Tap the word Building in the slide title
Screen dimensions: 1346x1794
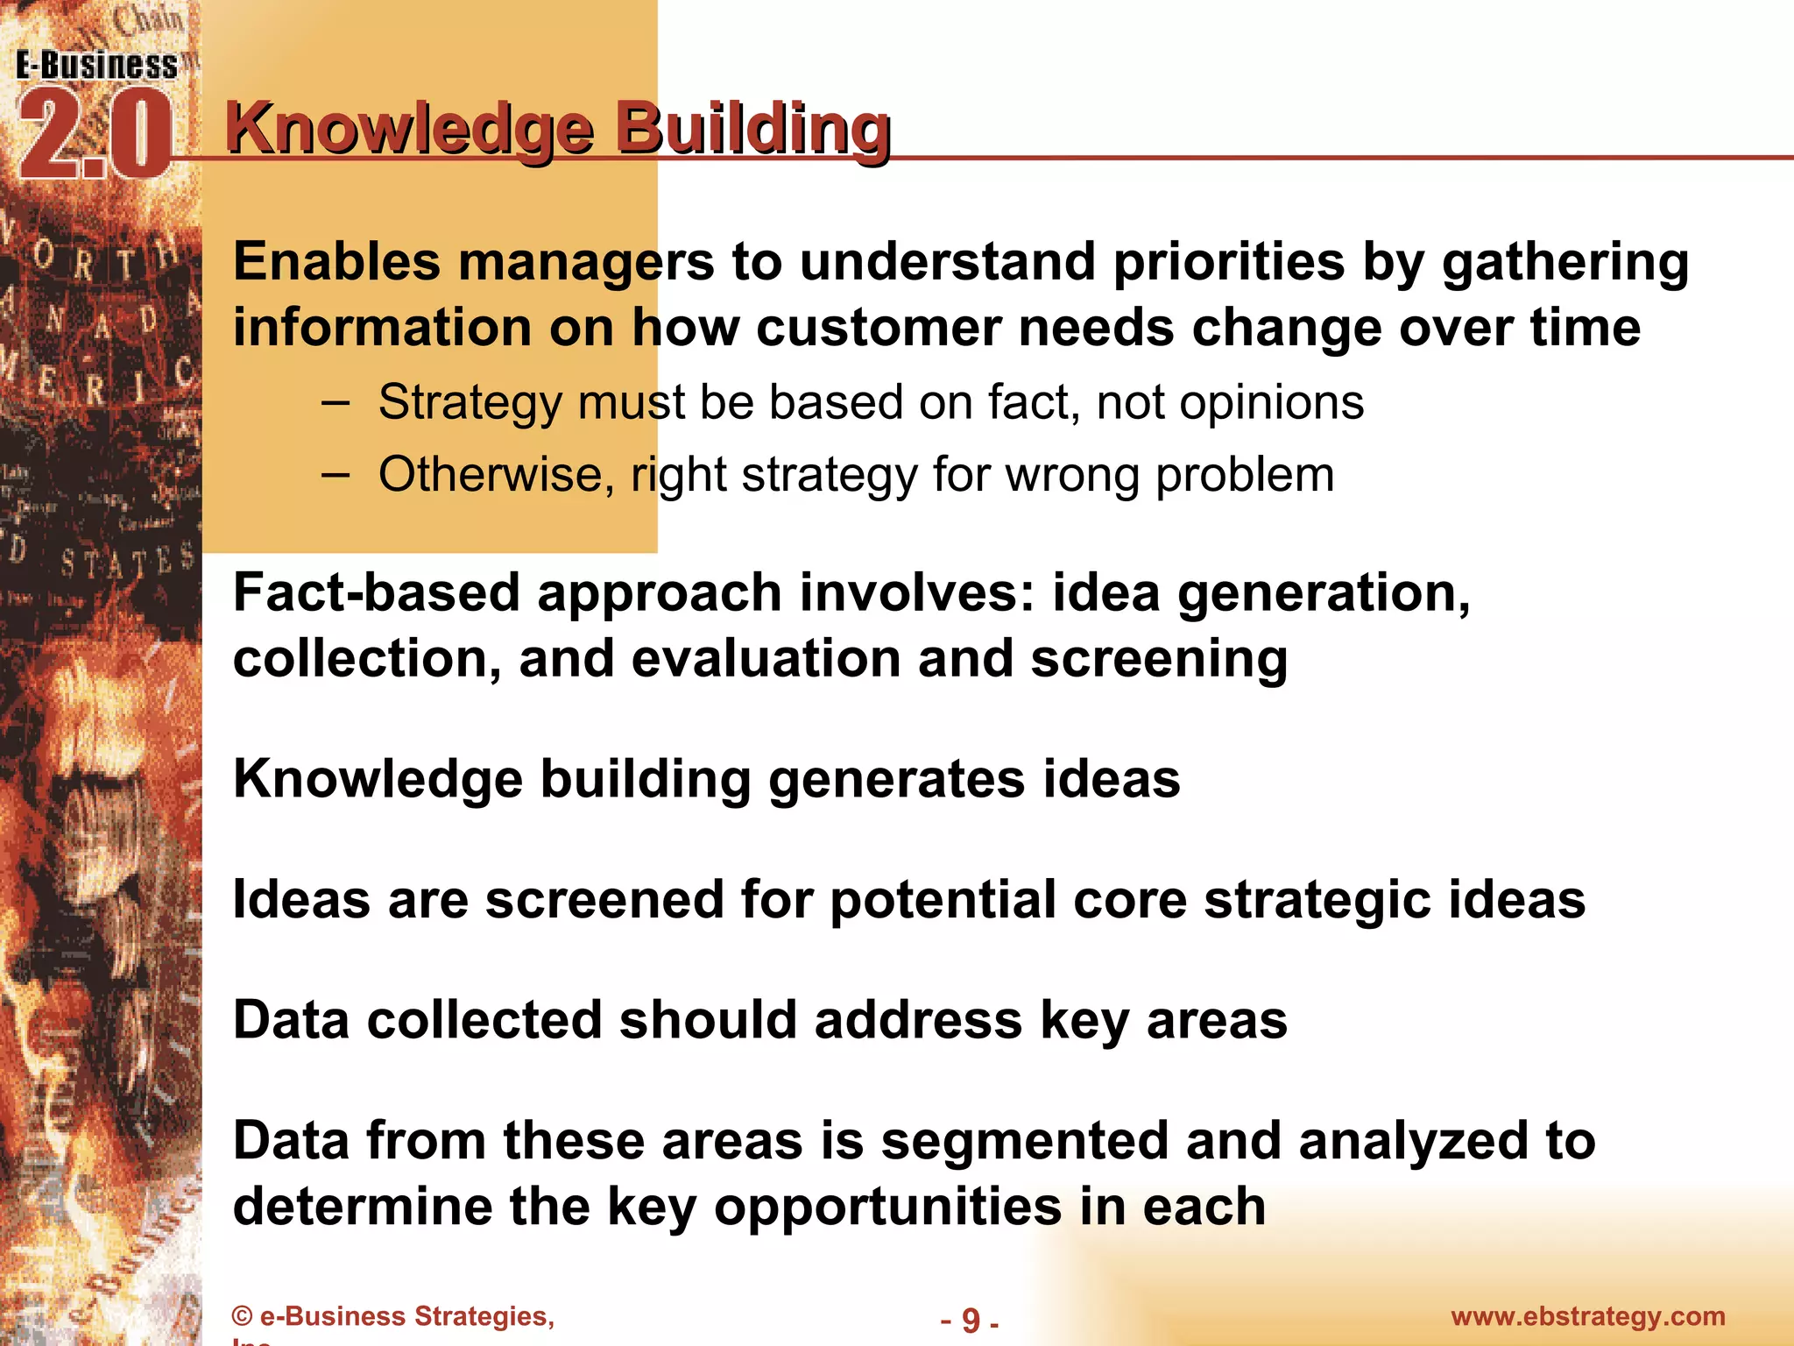pos(752,129)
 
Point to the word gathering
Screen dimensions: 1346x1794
pos(1565,263)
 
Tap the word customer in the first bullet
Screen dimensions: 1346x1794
pos(878,328)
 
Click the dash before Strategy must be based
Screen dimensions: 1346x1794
pos(335,403)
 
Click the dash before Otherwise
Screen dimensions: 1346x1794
pos(335,475)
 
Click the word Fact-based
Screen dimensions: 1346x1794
pos(376,593)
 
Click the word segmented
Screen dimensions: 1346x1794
pos(1024,1142)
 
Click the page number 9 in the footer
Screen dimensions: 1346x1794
pos(970,1320)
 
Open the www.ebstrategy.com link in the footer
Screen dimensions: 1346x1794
pos(1587,1316)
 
